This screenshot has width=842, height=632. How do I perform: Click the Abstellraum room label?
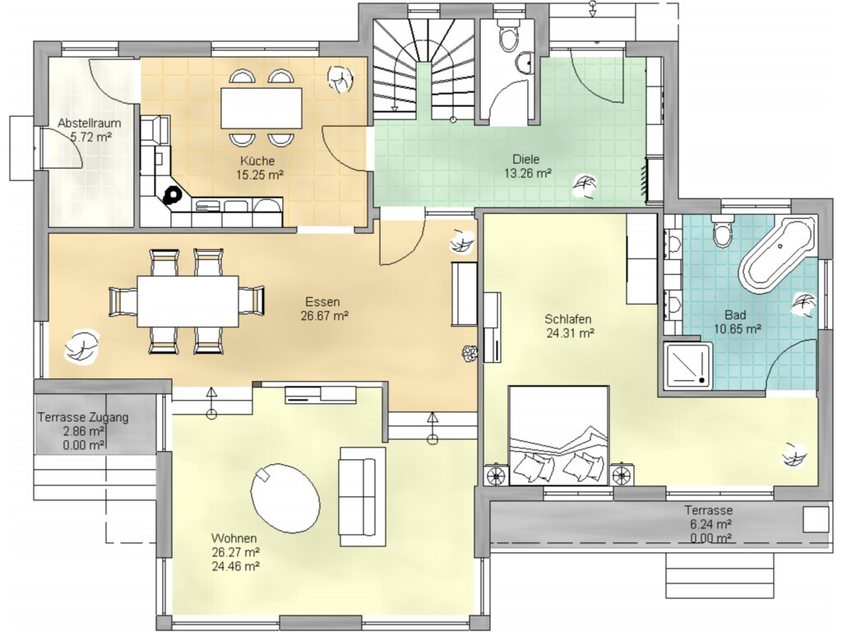click(x=89, y=123)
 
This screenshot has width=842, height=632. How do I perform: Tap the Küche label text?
click(x=257, y=160)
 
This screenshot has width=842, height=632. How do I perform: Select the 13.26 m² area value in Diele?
click(x=528, y=174)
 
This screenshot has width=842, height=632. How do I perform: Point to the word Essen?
click(x=322, y=302)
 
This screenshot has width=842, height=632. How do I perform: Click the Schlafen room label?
click(x=567, y=319)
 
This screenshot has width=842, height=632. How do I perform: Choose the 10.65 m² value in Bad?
click(x=737, y=329)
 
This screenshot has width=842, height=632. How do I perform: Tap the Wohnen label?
click(x=234, y=538)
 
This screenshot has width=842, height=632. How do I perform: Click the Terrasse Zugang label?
click(x=83, y=417)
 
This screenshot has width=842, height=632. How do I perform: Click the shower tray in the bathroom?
click(x=688, y=365)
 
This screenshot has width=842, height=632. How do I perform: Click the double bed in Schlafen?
click(x=558, y=435)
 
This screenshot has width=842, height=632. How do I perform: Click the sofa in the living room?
click(x=362, y=496)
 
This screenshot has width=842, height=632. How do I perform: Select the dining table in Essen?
click(x=188, y=301)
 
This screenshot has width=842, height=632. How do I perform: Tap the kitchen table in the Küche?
click(x=261, y=108)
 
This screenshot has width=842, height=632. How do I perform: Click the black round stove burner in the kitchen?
click(x=173, y=194)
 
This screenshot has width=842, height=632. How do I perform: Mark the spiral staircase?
click(x=424, y=67)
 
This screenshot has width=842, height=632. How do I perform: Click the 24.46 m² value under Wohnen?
click(x=236, y=566)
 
